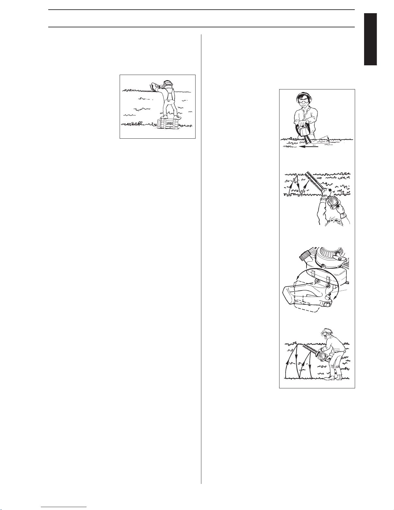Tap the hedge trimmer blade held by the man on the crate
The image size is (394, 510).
pos(148,91)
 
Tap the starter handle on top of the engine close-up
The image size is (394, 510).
pos(339,256)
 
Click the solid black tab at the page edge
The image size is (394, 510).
pos(370,39)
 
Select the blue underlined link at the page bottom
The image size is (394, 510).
pos(64,507)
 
